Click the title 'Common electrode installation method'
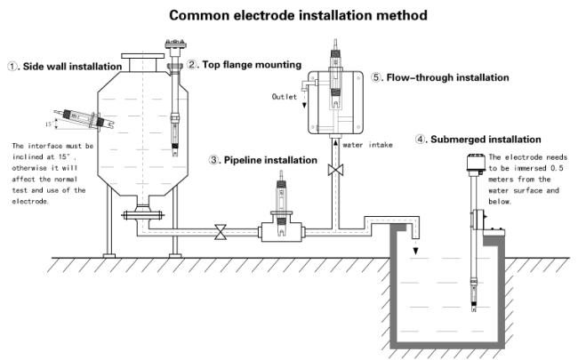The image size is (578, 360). [x=298, y=15]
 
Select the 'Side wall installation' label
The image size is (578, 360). [x=72, y=67]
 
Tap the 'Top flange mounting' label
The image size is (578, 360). [x=252, y=65]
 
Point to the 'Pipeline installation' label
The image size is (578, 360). [x=270, y=160]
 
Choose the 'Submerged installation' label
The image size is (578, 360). [x=486, y=140]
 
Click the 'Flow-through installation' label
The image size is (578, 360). [x=447, y=77]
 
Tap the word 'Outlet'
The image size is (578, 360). [x=285, y=97]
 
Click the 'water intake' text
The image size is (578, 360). [x=367, y=145]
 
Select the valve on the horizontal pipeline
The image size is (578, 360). [x=221, y=232]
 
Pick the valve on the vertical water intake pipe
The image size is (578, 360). [x=335, y=170]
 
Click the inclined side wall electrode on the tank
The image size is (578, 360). [x=84, y=118]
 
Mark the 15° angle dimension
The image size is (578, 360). [x=52, y=124]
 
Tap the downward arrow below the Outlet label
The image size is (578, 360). [x=304, y=103]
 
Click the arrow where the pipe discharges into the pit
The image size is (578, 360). [x=415, y=251]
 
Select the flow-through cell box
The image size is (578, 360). [x=335, y=102]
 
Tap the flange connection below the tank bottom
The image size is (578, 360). [x=142, y=215]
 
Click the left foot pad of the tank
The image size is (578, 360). [x=109, y=256]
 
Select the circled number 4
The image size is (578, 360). [x=420, y=140]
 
